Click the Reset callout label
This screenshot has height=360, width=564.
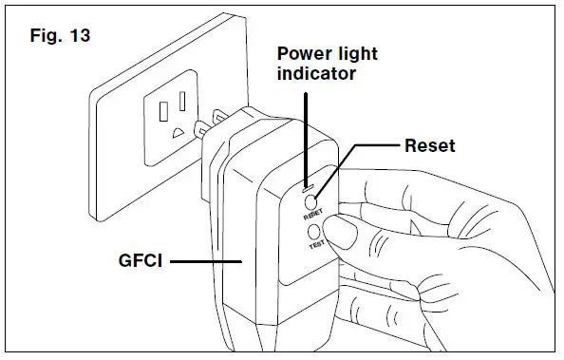point(430,145)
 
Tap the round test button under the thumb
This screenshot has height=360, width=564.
point(333,228)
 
